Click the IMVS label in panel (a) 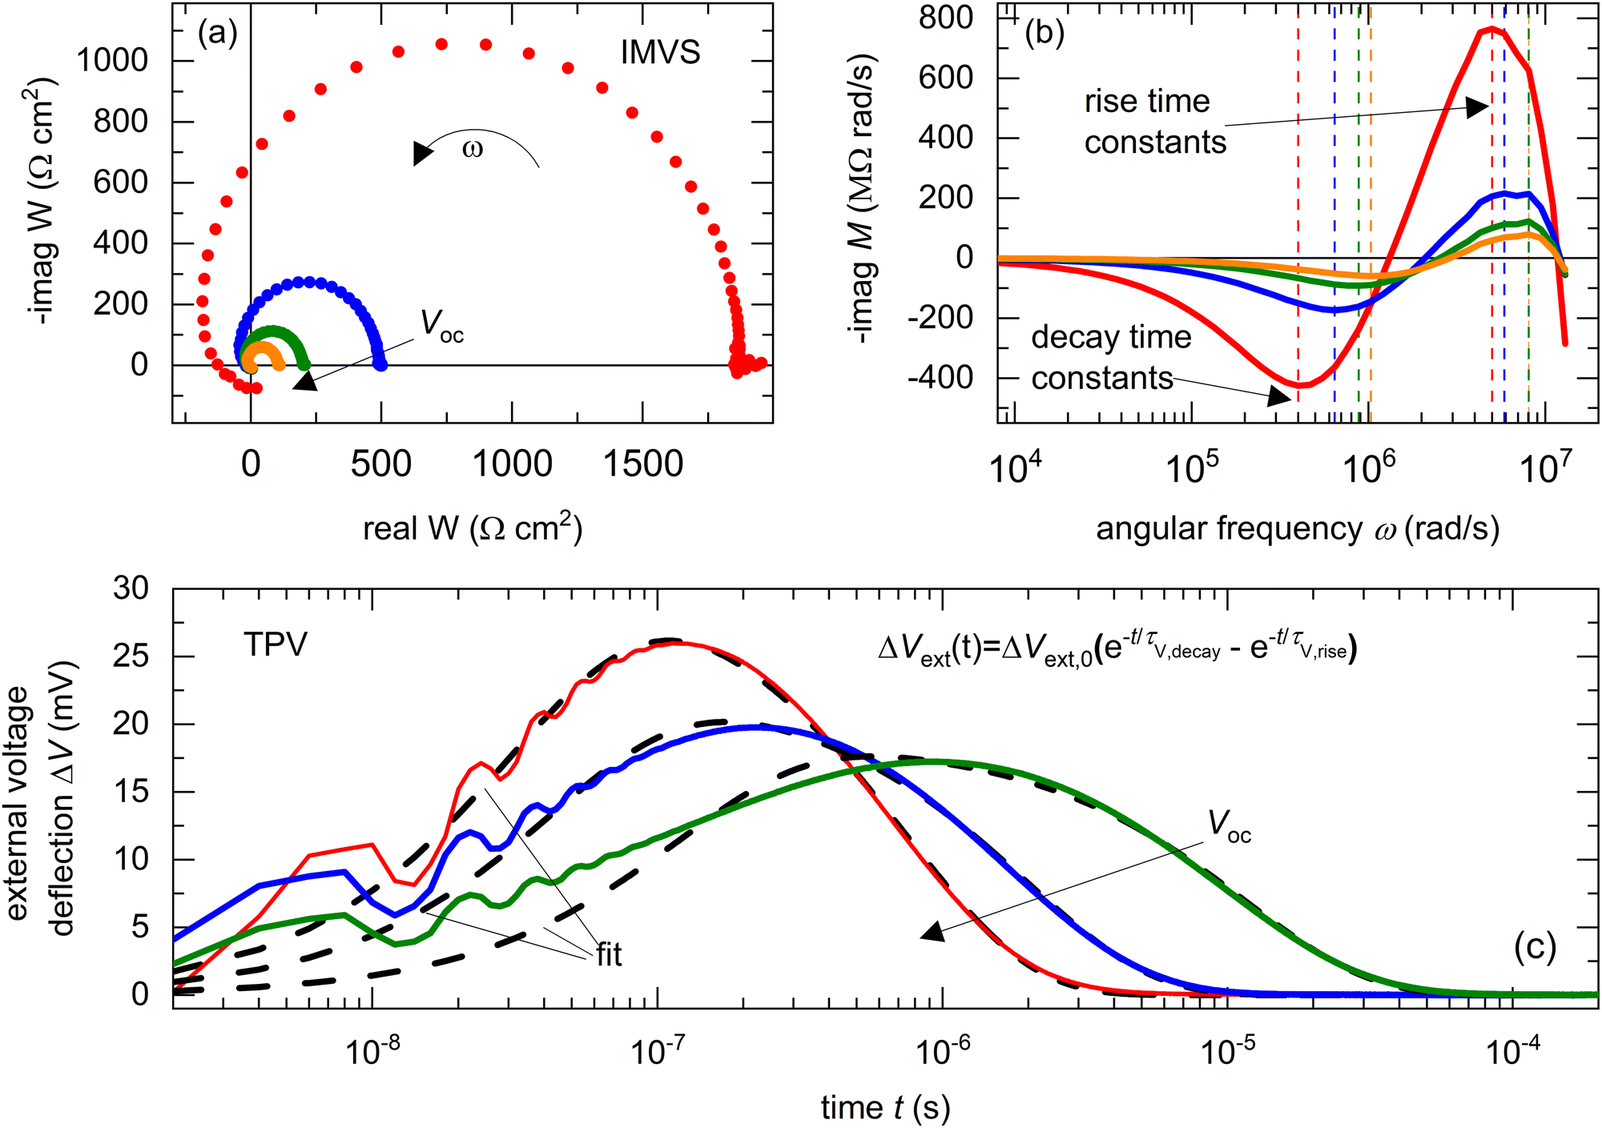660,53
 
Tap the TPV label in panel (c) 276,644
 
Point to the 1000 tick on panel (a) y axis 112,60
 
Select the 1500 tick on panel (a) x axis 642,464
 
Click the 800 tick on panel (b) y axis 945,18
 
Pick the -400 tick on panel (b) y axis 940,377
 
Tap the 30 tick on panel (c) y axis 131,588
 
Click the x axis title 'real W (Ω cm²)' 473,528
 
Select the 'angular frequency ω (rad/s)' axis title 1298,529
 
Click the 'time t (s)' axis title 885,1108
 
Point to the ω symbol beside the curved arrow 473,150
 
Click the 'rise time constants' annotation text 1154,122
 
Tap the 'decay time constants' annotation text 1110,357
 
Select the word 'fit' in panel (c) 609,954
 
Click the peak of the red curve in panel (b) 1491,29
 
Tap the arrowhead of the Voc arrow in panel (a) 305,382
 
